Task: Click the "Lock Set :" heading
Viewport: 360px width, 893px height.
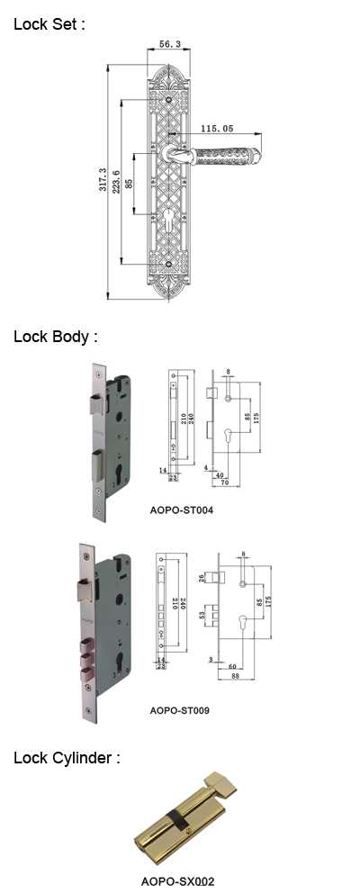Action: pos(49,24)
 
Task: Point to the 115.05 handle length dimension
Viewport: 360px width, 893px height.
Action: pos(217,129)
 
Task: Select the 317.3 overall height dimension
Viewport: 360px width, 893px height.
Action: pos(103,179)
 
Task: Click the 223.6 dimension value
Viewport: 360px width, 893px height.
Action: pos(116,182)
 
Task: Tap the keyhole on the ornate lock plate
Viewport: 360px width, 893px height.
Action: pos(170,220)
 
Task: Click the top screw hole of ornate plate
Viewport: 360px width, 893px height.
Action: pos(169,100)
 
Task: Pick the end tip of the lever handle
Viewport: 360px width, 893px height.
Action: pos(260,154)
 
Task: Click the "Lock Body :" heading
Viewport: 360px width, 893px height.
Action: pos(56,337)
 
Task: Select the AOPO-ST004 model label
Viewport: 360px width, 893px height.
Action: pos(182,510)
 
